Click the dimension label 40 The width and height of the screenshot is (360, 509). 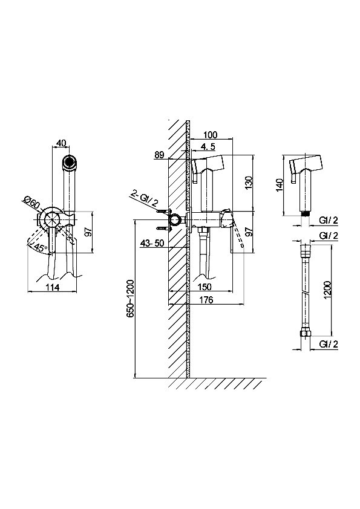[x=61, y=143]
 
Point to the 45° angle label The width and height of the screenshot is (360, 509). [x=41, y=247]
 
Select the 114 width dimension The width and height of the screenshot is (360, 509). [x=52, y=287]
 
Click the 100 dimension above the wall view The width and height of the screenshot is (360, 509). [x=210, y=134]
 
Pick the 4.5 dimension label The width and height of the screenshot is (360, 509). [x=208, y=147]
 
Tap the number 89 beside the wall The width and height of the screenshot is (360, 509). [x=159, y=155]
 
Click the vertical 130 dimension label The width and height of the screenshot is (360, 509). [x=249, y=183]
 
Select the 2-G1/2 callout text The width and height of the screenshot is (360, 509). [x=145, y=199]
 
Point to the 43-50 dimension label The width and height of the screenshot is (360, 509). [x=152, y=244]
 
